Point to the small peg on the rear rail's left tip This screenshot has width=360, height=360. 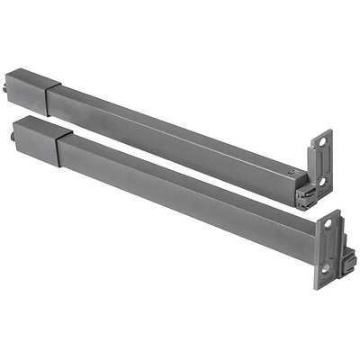(x=9, y=88)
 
